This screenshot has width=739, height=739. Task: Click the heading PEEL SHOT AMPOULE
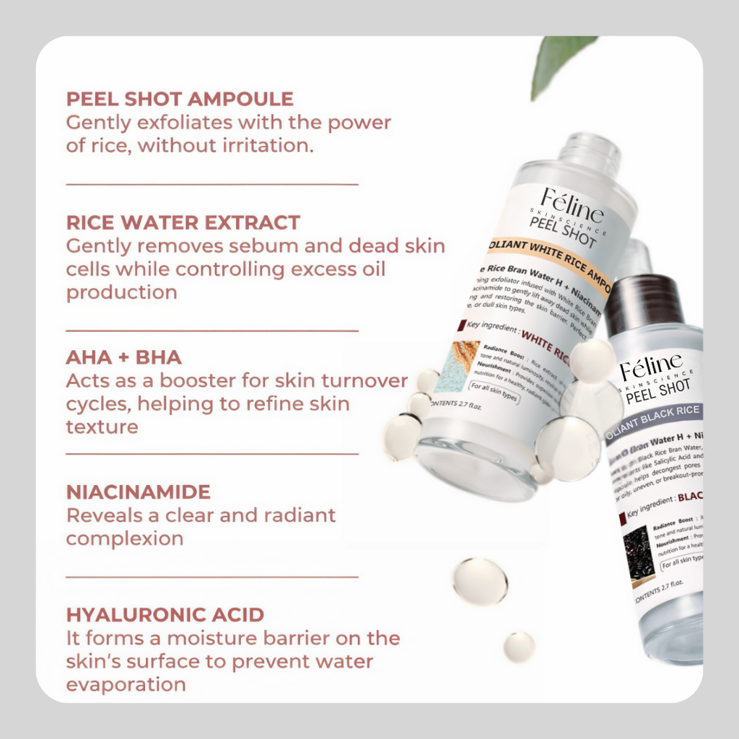tap(180, 99)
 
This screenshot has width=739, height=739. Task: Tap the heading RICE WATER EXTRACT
tap(183, 222)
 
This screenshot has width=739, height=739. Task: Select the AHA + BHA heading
tap(123, 358)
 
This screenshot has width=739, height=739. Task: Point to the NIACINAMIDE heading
tap(138, 492)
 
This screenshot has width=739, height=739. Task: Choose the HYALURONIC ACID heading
tap(165, 615)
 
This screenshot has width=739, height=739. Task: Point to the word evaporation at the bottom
tap(126, 684)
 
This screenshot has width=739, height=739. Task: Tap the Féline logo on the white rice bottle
tap(572, 204)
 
